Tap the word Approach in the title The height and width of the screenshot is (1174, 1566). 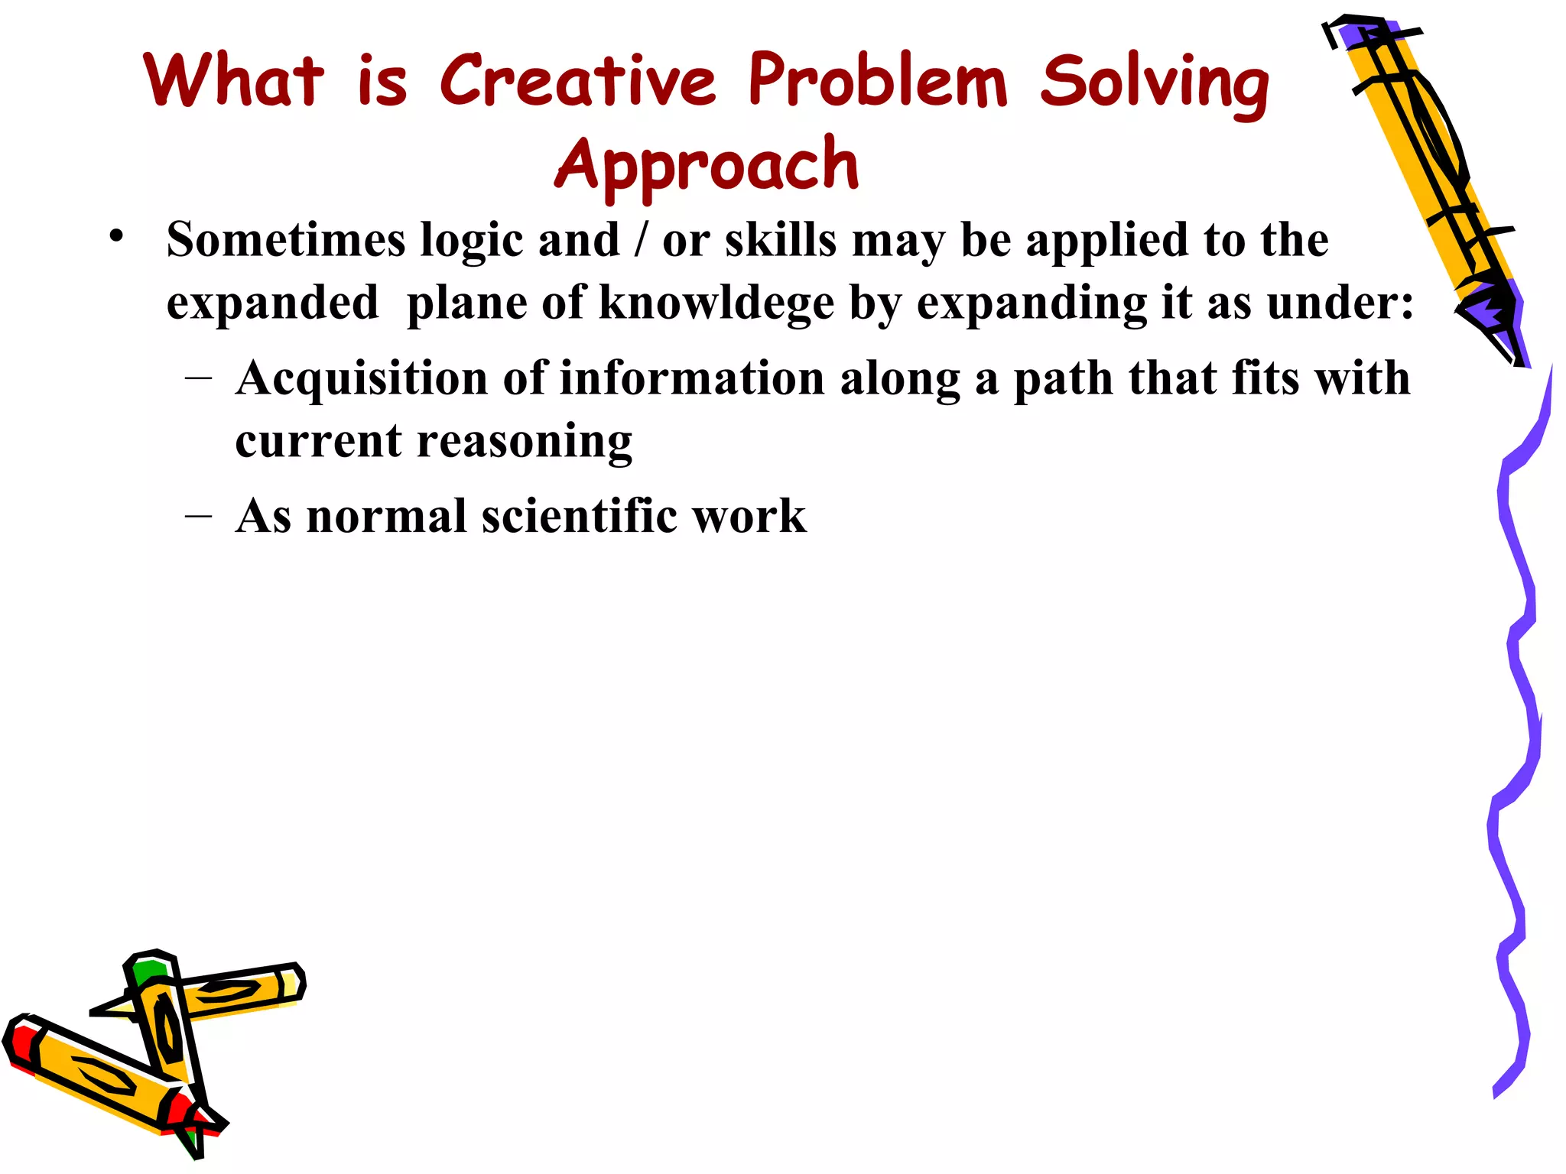tap(707, 164)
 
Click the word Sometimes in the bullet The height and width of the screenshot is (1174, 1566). tap(286, 240)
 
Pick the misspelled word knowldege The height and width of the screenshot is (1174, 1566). tap(716, 303)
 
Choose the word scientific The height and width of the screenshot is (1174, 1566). tap(580, 516)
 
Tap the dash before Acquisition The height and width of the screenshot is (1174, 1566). tap(199, 378)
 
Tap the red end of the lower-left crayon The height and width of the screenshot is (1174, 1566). tap(21, 1044)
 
